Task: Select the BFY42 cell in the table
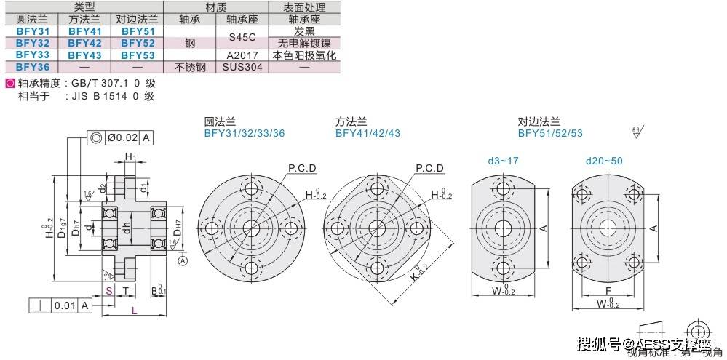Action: [x=84, y=43]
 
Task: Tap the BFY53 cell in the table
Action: [x=138, y=55]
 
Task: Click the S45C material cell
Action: [x=243, y=37]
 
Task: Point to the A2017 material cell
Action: [x=243, y=55]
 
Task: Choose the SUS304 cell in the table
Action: [x=243, y=66]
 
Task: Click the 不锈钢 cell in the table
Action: [x=190, y=66]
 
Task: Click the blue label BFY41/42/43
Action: [x=368, y=133]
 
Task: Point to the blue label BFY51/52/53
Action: [x=550, y=133]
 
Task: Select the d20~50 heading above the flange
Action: [x=605, y=160]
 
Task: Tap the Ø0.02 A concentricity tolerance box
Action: [x=120, y=137]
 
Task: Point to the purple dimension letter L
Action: [x=135, y=311]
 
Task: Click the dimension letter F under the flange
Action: [x=608, y=289]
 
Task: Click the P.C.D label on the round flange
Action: [x=301, y=168]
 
